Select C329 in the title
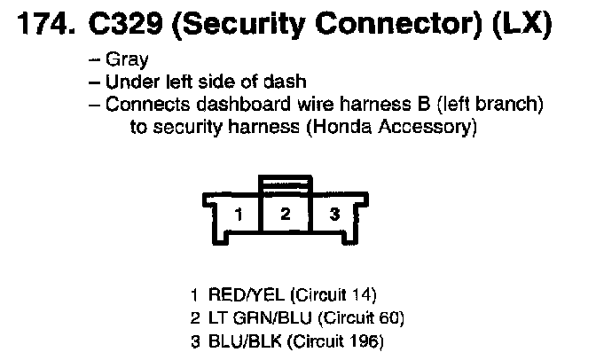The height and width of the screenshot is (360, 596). coord(126,24)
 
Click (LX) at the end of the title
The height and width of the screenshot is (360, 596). coord(521,24)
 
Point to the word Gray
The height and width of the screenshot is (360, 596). coord(127,60)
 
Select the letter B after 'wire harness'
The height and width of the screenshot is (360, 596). coord(423,104)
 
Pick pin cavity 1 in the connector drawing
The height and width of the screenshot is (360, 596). coord(239,214)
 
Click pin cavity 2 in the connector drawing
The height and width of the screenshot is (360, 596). coord(286,214)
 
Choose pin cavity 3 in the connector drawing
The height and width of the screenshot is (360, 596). coord(334,214)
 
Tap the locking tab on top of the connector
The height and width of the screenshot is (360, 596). coord(286,184)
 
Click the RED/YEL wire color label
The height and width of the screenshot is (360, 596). coord(247,295)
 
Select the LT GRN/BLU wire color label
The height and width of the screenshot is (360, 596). coord(260,317)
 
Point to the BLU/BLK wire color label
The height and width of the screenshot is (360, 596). coord(245,341)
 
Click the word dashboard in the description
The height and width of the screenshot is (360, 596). coord(243,104)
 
